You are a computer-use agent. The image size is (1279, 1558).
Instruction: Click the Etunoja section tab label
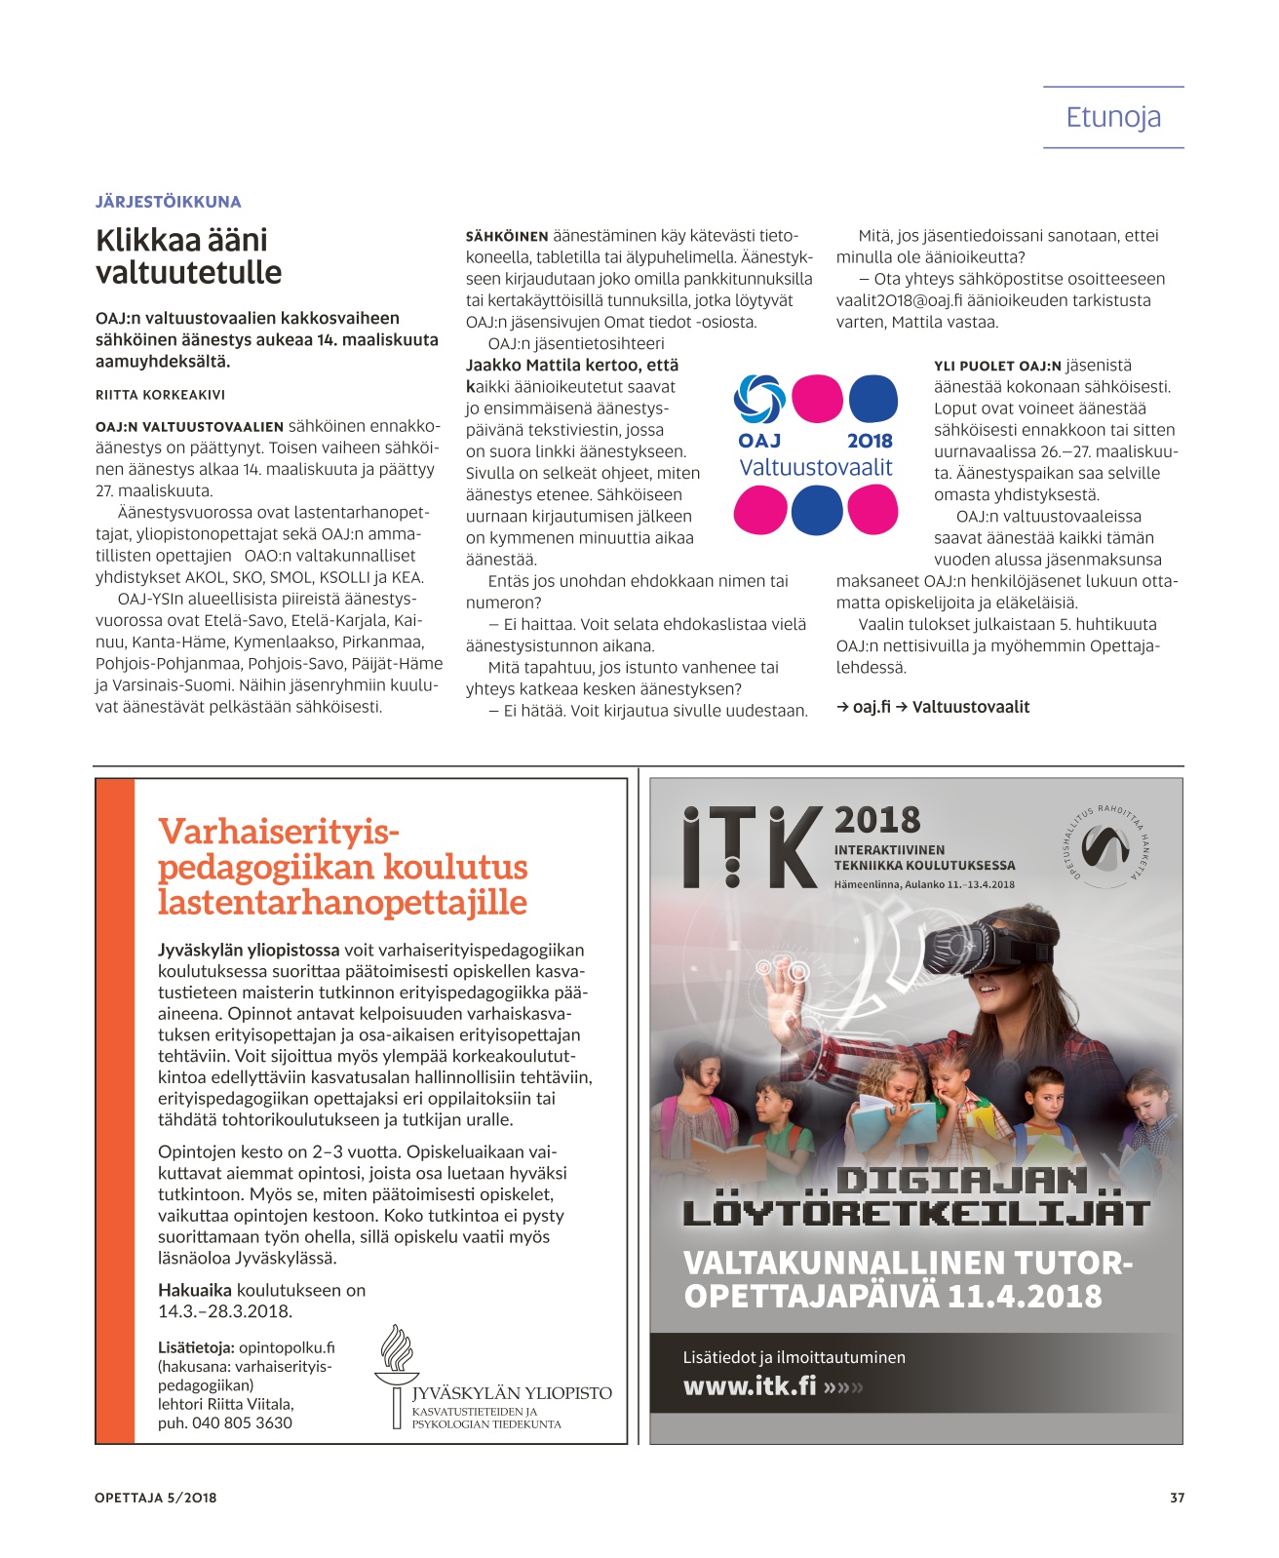[x=1113, y=118]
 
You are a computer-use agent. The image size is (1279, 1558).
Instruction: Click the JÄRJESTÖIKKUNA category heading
[x=168, y=202]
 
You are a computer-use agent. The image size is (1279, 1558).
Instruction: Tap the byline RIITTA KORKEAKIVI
[x=160, y=395]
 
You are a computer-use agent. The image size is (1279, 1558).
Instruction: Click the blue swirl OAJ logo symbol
[x=759, y=399]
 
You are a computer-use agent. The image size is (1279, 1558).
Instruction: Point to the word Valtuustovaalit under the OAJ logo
[x=816, y=468]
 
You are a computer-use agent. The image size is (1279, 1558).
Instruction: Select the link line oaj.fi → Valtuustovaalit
[x=933, y=707]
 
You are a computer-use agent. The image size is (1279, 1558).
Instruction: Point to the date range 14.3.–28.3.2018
[x=225, y=1311]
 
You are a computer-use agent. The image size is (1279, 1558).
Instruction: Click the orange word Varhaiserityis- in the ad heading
[x=280, y=832]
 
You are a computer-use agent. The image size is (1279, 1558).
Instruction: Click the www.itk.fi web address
[x=750, y=1385]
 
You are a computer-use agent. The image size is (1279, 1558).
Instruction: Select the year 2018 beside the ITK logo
[x=877, y=820]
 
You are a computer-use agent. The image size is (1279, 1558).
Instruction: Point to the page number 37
[x=1177, y=1498]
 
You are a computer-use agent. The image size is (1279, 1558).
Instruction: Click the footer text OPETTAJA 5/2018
[x=156, y=1498]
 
